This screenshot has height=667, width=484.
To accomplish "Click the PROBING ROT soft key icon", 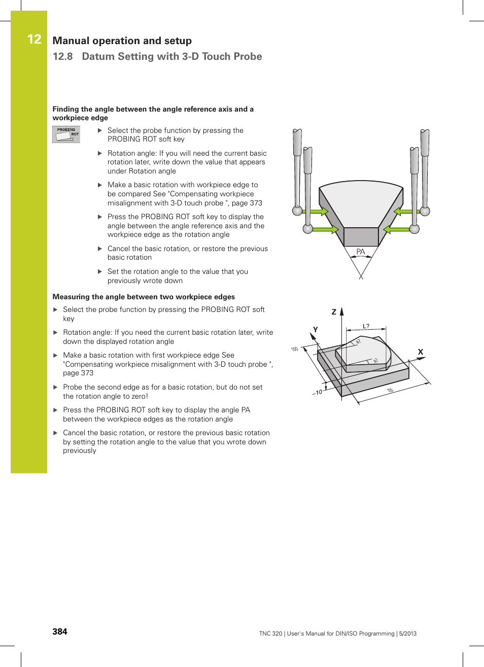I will [66, 134].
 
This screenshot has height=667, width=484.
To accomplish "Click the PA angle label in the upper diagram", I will [360, 252].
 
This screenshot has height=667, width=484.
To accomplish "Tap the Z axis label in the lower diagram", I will [334, 312].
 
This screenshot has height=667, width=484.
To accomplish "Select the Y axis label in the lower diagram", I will [315, 330].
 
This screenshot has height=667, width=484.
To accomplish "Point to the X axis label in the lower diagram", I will [420, 352].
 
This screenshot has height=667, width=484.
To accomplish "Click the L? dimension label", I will [366, 326].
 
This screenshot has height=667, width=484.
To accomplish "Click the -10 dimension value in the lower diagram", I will [318, 392].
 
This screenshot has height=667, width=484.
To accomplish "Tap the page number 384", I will [60, 631].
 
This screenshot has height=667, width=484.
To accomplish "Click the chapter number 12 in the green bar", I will [34, 40].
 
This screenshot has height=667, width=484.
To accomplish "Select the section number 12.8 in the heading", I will [63, 56].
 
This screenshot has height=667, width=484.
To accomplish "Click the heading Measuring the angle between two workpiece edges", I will [144, 297].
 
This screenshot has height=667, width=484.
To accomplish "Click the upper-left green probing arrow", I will [319, 212].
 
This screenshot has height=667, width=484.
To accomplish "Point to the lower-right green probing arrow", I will [396, 229].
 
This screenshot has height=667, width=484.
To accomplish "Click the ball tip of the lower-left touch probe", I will [308, 229].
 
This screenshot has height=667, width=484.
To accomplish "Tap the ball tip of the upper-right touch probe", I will [425, 211].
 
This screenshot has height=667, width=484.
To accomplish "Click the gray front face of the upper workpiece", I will [361, 237].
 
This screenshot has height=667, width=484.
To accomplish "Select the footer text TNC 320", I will [270, 634].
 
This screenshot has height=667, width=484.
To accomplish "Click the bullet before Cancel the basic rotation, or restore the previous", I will [100, 249].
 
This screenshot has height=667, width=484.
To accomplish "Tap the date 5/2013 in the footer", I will [407, 634].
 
